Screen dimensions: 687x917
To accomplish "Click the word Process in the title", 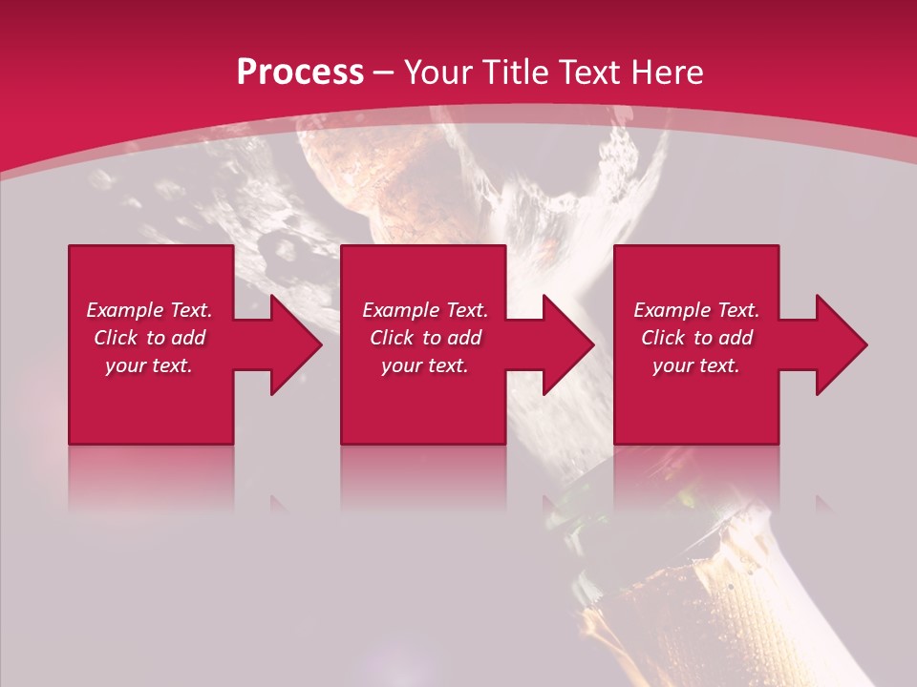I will pos(300,73).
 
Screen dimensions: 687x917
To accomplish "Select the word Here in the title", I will pos(668,73).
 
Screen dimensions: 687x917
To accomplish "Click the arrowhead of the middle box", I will pos(567,344).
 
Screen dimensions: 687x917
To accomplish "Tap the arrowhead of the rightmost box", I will pos(841,344).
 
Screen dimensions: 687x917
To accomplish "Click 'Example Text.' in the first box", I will pos(149,310).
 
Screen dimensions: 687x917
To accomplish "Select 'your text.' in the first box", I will pos(149,365).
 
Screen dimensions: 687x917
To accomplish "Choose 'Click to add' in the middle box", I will pos(425,338).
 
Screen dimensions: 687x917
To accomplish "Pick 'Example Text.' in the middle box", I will pos(425,310).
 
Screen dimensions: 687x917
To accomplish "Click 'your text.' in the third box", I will pos(696,365).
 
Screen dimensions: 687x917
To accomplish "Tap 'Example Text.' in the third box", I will pos(696,310).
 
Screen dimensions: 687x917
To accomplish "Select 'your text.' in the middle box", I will pos(425,365).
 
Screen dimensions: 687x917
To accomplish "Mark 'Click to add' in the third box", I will pos(696,338).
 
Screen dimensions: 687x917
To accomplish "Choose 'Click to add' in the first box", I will pos(149,338).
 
